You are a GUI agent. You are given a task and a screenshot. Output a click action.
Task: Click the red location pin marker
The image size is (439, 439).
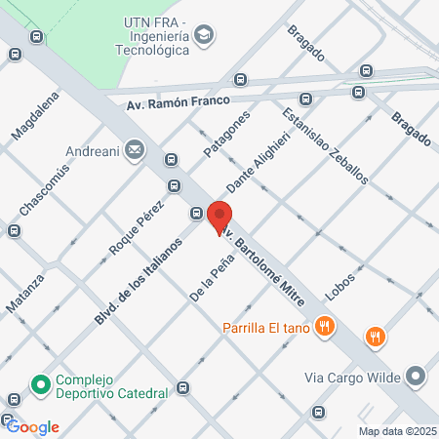(219, 218)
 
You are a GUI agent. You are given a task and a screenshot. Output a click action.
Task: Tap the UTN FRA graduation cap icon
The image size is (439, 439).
(204, 36)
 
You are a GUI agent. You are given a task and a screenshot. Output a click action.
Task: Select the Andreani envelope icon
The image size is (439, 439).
(134, 151)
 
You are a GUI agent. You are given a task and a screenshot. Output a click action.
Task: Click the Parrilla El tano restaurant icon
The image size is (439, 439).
(329, 327)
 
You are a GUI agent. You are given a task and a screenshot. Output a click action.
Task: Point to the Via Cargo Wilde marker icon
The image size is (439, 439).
(417, 376)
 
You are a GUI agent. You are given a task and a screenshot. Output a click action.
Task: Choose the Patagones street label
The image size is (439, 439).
(226, 134)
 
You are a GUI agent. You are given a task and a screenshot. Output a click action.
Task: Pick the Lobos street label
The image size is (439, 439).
(340, 284)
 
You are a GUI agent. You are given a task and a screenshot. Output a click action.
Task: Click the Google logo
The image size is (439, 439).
(32, 426)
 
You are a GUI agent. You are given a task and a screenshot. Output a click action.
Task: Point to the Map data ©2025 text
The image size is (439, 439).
(396, 431)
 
